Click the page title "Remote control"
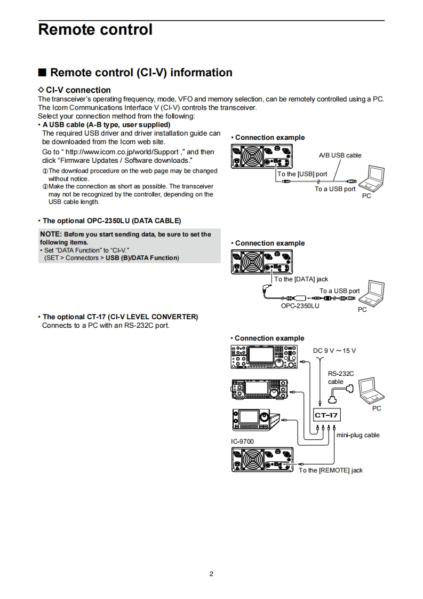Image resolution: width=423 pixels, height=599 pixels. (95, 30)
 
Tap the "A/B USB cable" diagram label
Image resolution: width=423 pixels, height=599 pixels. (340, 155)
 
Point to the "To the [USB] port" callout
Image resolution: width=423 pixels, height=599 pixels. (302, 174)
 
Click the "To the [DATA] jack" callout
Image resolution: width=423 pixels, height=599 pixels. (301, 279)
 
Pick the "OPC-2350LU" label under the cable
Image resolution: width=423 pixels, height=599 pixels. (300, 306)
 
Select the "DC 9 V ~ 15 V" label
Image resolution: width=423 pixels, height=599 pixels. (334, 350)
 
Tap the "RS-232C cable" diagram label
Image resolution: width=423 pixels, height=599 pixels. (340, 377)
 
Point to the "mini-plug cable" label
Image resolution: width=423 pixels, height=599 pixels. (358, 435)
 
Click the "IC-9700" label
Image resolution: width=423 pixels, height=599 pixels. (242, 442)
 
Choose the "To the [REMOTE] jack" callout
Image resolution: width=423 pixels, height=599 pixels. (330, 470)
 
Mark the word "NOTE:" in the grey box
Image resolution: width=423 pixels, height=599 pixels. (51, 234)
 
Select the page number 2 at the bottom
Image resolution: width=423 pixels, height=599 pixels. (211, 574)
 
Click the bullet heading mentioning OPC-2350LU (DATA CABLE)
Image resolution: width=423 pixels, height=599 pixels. (111, 220)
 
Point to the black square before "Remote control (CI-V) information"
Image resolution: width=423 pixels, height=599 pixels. (42, 73)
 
